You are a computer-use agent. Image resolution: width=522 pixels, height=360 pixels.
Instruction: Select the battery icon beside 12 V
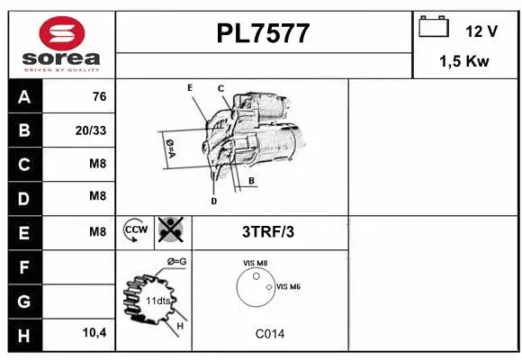[x=434, y=28]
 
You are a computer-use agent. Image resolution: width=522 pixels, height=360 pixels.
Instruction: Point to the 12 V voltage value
[x=481, y=31]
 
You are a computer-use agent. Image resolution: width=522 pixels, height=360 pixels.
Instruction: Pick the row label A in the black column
[x=24, y=97]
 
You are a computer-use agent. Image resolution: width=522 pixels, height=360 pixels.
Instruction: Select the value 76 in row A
[x=99, y=97]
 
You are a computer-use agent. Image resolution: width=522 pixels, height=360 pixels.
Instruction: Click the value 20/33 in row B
[x=92, y=131]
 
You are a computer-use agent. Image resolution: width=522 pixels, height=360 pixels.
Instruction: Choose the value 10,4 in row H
[x=94, y=334]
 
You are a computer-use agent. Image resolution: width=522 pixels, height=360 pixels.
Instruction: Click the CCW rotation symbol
[x=136, y=230]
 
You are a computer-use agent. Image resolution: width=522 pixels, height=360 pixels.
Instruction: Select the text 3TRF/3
[x=268, y=231]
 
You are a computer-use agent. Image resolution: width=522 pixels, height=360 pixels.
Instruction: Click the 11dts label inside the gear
[x=157, y=300]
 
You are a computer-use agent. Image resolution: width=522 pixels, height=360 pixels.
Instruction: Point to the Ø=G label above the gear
[x=176, y=262]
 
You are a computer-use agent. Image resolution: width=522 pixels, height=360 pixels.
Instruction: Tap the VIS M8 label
[x=256, y=263]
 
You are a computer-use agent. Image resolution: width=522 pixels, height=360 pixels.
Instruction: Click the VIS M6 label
[x=288, y=286]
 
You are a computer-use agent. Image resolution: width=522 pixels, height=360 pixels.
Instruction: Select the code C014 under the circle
[x=269, y=334]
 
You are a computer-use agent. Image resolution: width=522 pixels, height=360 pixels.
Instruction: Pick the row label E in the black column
[x=24, y=232]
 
